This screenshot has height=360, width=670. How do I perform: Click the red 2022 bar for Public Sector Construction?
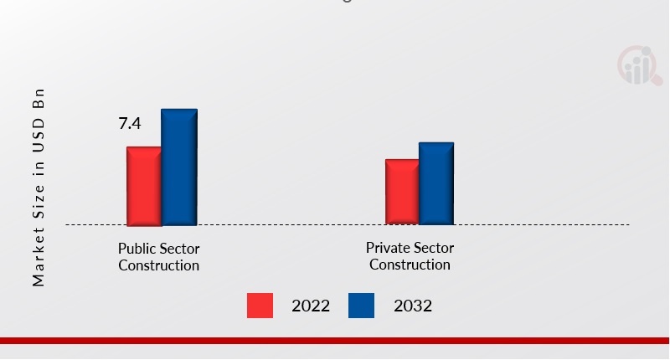143,186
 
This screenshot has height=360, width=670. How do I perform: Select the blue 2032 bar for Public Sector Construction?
179,167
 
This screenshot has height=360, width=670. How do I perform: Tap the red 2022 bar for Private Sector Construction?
402,192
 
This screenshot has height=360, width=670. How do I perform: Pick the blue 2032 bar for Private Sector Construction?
436,183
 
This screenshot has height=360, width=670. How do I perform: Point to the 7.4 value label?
130,124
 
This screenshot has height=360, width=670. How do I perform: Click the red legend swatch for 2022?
260,306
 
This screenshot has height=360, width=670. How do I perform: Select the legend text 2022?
311,306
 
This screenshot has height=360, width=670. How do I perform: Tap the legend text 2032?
413,306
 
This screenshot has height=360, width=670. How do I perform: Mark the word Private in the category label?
386,249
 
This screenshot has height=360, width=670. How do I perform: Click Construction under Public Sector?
159,265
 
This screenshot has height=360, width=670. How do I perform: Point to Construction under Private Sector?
410,265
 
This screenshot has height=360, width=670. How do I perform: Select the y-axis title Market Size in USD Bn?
39,186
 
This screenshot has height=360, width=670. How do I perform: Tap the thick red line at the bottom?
335,341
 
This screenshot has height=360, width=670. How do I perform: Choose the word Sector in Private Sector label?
433,249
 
